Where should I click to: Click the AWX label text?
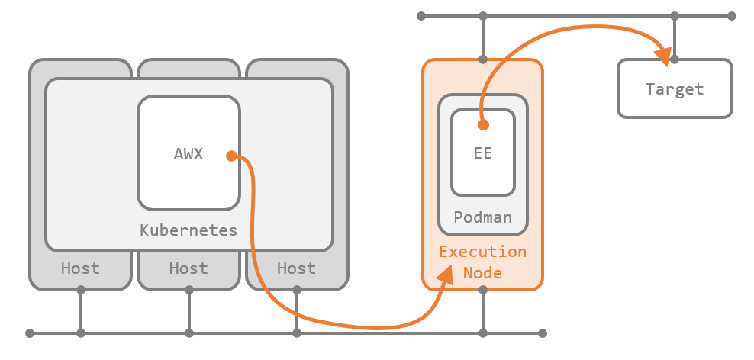(x=188, y=153)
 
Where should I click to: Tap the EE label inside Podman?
(x=482, y=153)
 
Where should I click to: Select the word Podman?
(x=482, y=217)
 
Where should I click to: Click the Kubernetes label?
(x=188, y=230)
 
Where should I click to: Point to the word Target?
(x=675, y=89)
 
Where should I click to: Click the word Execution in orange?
(x=482, y=252)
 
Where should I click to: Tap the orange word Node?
(x=482, y=272)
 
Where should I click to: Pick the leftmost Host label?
(x=80, y=268)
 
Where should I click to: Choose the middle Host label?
(x=188, y=268)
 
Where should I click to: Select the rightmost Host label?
(x=296, y=268)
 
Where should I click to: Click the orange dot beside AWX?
(x=230, y=156)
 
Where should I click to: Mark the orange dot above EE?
(x=482, y=124)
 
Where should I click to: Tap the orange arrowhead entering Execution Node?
(x=446, y=275)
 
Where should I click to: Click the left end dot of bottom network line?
(x=30, y=333)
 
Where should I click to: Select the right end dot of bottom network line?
(x=543, y=333)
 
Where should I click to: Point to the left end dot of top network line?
(x=420, y=15)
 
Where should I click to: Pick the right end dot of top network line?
(x=731, y=15)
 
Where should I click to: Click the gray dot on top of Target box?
(x=675, y=58)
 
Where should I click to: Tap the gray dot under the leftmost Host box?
(x=80, y=290)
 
